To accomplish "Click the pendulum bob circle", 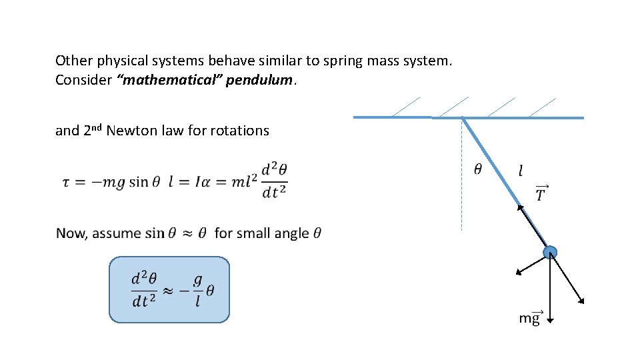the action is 550,252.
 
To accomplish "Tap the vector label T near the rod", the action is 541,193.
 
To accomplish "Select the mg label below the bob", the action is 530,318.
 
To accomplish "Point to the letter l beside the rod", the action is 521,171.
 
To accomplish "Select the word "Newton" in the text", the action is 129,131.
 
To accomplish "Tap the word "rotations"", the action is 240,131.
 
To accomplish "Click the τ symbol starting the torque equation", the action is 66,182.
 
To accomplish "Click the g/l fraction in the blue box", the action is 197,291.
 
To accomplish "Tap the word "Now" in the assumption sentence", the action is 71,233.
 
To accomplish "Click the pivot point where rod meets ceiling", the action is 461,118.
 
